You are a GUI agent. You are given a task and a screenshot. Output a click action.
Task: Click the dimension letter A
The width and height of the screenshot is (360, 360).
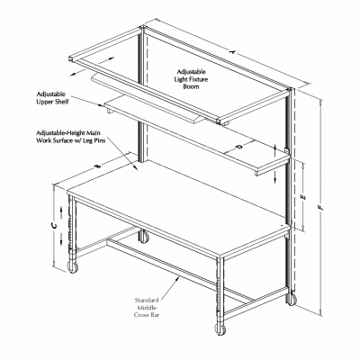pyautogui.click(x=230, y=54)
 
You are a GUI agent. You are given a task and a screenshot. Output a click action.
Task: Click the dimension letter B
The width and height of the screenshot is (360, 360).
pyautogui.click(x=98, y=163)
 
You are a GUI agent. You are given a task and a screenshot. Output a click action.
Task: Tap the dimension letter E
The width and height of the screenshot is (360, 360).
pyautogui.click(x=307, y=195)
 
